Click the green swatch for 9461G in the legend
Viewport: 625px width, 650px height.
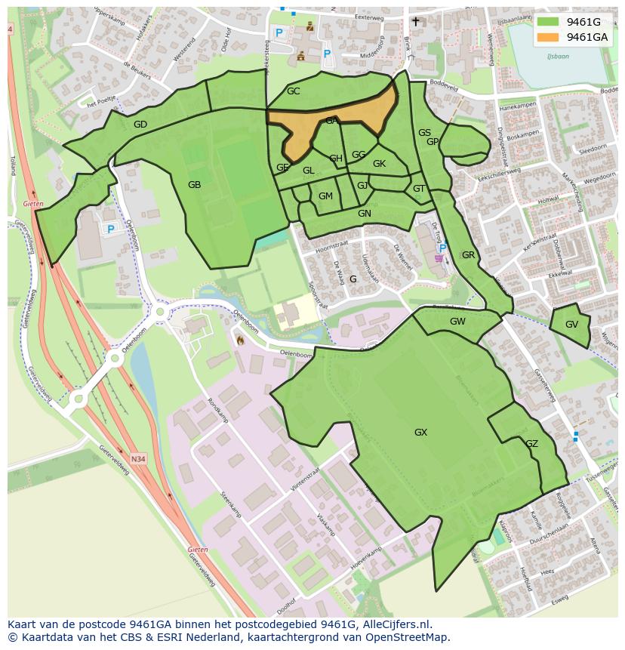pos(546,22)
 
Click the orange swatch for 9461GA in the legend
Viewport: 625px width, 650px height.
pos(546,36)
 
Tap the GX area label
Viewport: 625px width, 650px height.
pos(420,433)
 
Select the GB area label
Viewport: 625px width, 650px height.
pos(194,184)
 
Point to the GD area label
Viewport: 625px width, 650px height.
pos(140,125)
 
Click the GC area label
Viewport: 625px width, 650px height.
pos(293,91)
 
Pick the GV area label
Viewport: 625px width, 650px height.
pos(571,325)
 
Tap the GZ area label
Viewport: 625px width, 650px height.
pos(531,444)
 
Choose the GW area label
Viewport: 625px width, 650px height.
pos(457,322)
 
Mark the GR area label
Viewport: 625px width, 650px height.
pos(468,255)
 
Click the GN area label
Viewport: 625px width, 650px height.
pos(365,214)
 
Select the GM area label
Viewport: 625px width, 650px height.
pos(325,196)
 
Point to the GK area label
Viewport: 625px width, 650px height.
pos(379,164)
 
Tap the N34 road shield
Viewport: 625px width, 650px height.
pos(137,458)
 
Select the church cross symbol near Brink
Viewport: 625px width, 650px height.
pos(415,22)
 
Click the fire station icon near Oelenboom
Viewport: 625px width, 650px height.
pos(239,340)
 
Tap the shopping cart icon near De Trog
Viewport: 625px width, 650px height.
pos(439,258)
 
